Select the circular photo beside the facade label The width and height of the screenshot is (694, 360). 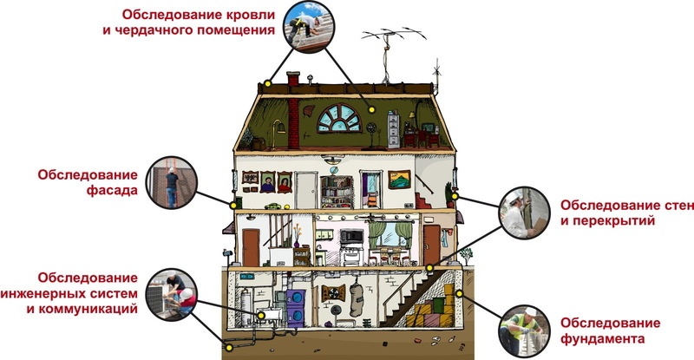coord(169,183)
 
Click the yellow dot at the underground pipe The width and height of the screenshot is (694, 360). coord(228,349)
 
